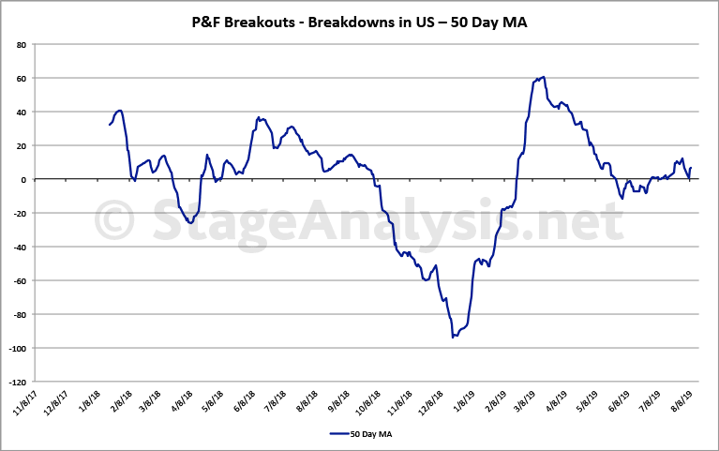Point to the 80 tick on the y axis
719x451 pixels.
[21, 44]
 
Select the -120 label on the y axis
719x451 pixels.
[17, 382]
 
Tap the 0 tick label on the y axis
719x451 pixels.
[23, 179]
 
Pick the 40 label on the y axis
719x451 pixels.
[21, 112]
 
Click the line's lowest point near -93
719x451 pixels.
[453, 337]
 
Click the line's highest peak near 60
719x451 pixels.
[544, 77]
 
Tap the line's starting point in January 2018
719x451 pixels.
[110, 125]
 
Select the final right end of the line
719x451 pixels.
[691, 169]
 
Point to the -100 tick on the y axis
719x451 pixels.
[17, 348]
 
